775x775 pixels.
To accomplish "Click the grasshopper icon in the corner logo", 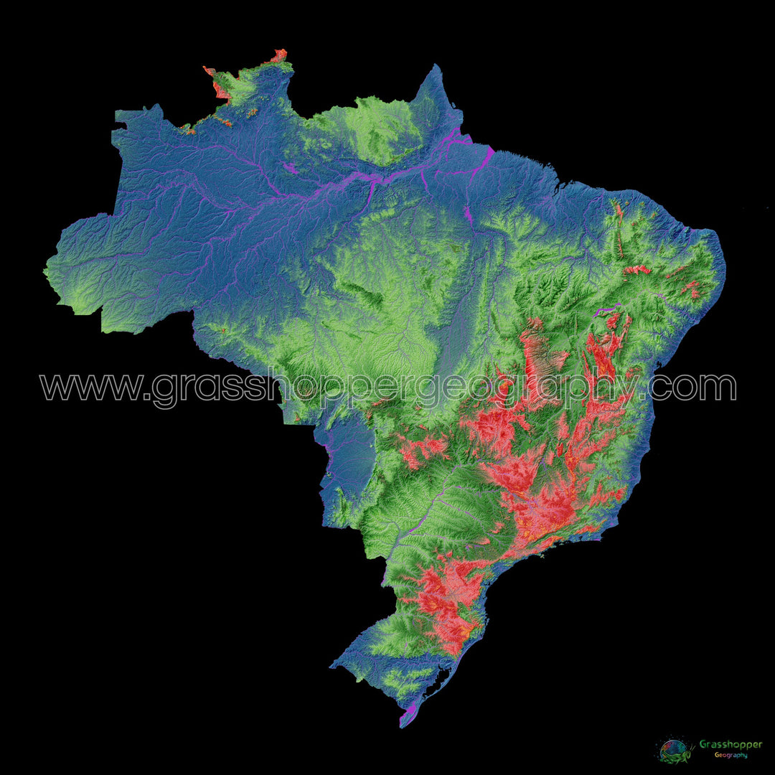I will pos(675,749).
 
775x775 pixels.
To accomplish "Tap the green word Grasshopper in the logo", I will pos(730,745).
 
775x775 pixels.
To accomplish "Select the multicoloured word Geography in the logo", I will pos(730,755).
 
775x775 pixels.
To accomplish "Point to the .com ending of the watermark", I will pos(692,387).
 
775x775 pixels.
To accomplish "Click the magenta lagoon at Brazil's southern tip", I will pos(410,714).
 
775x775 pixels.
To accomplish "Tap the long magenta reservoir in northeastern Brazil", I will pos(609,308).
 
